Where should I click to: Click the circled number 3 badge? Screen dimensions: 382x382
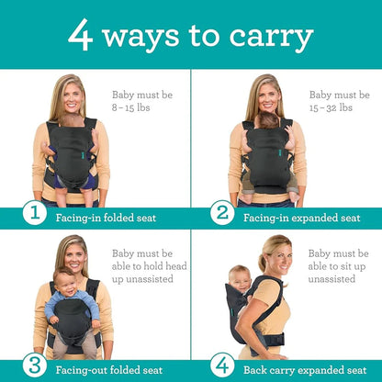tap(34, 365)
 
